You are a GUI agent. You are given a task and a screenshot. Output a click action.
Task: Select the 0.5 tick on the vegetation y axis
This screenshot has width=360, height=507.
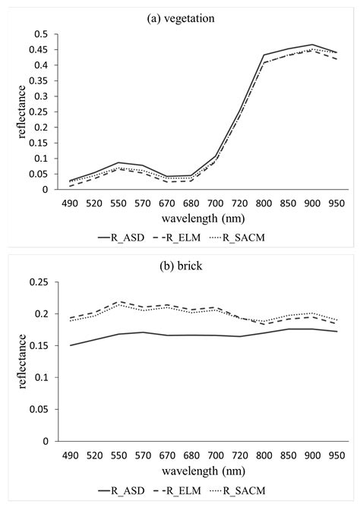pyautogui.click(x=41, y=34)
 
